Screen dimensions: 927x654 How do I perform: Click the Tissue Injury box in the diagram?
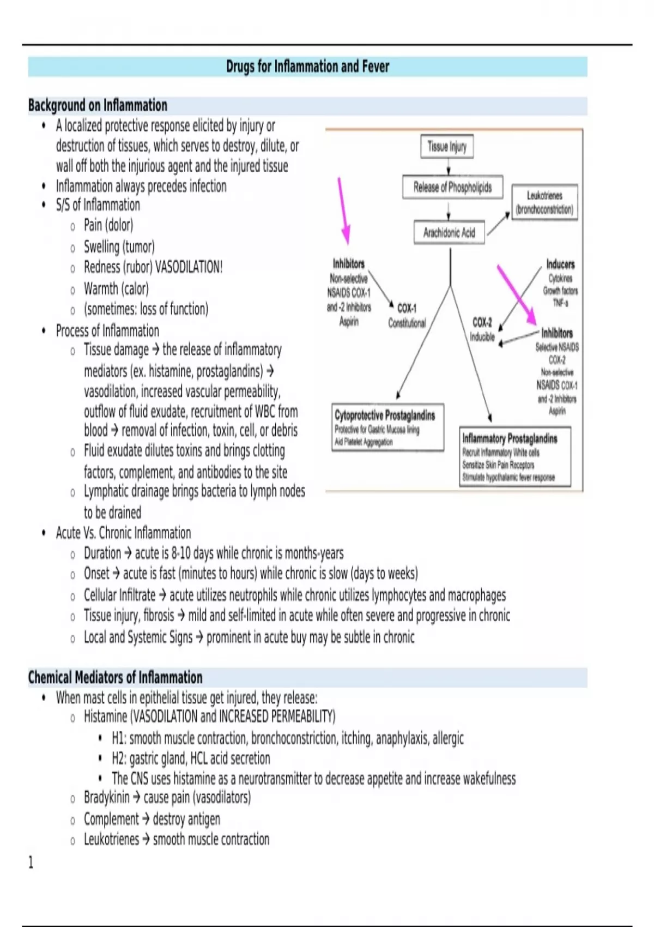tap(447, 147)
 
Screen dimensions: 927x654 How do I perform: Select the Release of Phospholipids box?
tap(452, 188)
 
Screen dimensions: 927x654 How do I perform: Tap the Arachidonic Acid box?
tap(449, 233)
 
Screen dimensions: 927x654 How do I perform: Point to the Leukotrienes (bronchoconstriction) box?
tap(544, 202)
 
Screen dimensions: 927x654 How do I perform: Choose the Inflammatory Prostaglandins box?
tap(514, 456)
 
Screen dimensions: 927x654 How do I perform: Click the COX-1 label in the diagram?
tap(407, 308)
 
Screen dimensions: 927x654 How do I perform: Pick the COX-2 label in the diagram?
tap(482, 322)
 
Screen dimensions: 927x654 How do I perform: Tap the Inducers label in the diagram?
tap(560, 264)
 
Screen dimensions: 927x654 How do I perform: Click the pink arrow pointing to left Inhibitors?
tap(343, 210)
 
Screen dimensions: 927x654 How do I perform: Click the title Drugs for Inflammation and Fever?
tap(307, 67)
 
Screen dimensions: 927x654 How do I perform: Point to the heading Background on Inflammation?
tap(98, 105)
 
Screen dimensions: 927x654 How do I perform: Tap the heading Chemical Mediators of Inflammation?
tap(115, 677)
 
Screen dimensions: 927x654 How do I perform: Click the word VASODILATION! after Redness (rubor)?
tap(189, 267)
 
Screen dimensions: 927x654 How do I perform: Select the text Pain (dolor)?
tap(108, 225)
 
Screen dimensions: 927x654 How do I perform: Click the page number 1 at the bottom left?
tap(31, 862)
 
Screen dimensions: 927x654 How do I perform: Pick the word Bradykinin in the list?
tap(107, 798)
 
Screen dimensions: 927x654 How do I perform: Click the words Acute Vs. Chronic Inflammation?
tap(123, 533)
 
